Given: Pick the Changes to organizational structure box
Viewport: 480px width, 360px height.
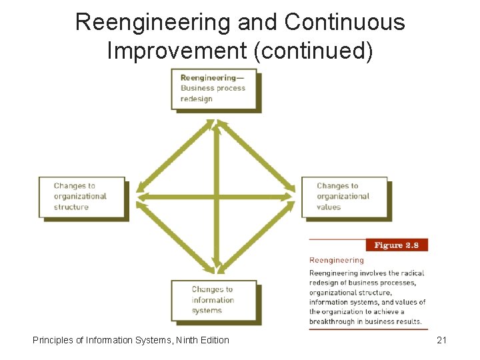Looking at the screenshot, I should (x=81, y=197).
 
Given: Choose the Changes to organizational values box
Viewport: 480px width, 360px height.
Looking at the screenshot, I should (x=344, y=197).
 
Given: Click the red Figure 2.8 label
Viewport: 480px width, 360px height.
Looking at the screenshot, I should (x=397, y=245).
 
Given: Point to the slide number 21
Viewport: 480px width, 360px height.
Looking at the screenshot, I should (x=441, y=340).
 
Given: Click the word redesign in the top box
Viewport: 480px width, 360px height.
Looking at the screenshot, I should (x=197, y=99).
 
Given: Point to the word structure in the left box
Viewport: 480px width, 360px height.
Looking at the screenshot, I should (x=71, y=207).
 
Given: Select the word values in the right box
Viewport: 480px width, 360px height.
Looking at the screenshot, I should (x=329, y=207).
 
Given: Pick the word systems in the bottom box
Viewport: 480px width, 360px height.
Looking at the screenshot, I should (x=207, y=311).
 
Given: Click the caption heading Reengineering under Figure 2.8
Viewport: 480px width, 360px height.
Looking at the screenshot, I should (x=337, y=261).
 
